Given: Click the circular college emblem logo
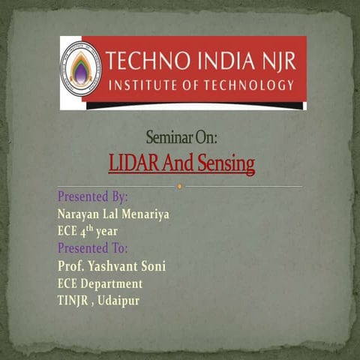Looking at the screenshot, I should pos(80,70).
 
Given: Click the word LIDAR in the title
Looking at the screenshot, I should pos(131,162).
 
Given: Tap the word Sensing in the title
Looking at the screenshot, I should pos(226,163).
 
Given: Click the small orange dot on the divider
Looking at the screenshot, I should pos(180,186).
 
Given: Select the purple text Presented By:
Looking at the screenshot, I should pos(92,197).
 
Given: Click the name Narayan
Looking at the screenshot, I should pos(79,214).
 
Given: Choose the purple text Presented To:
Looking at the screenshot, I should pos(92,248).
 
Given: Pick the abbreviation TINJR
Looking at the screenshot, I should pos(75,301).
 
